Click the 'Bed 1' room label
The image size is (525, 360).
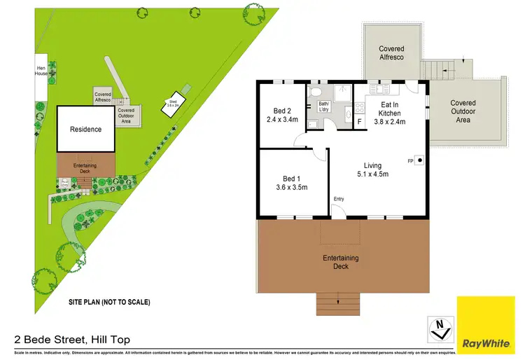[292, 182]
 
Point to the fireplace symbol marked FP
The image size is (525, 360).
[419, 160]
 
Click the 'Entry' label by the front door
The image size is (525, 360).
[339, 200]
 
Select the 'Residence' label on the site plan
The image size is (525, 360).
[85, 129]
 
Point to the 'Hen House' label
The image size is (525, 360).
[41, 72]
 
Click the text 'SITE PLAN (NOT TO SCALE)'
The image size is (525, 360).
[109, 302]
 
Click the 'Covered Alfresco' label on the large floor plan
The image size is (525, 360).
[392, 53]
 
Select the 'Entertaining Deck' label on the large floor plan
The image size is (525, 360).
[341, 262]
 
